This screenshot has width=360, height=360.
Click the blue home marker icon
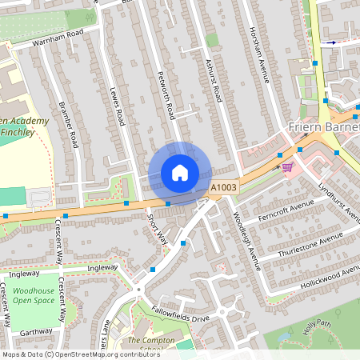pos(180,173)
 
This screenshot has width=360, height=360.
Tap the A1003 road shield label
pos(224,187)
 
